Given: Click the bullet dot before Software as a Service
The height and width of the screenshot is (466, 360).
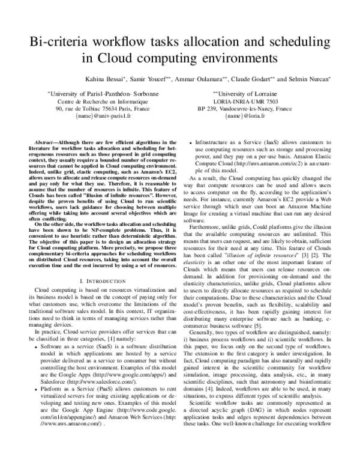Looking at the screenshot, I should click(x=40, y=346).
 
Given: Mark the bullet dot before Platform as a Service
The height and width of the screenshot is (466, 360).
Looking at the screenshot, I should click(x=40, y=390).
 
